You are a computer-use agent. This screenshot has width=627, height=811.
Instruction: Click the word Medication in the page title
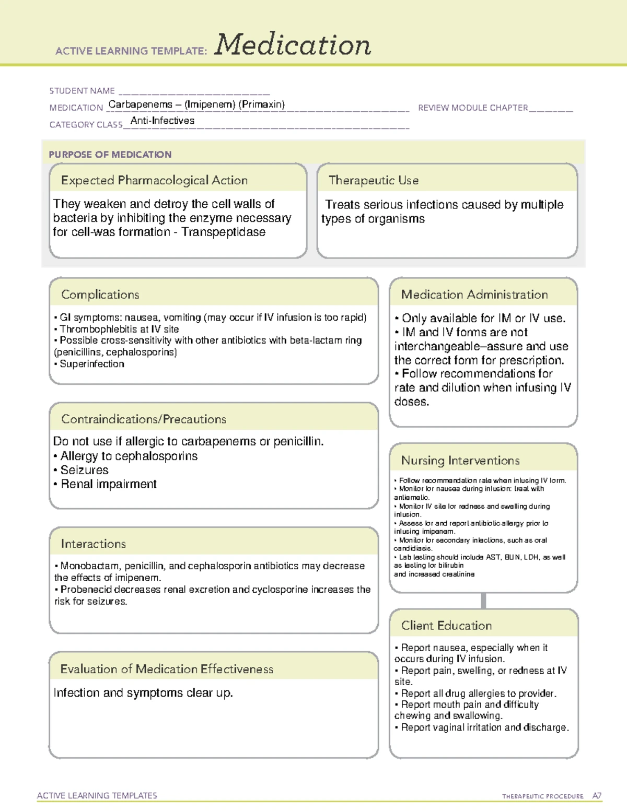[293, 45]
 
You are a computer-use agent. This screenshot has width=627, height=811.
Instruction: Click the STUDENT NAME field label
[82, 91]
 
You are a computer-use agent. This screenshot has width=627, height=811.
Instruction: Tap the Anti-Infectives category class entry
[162, 121]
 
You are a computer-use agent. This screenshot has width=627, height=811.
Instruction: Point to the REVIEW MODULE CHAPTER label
[473, 108]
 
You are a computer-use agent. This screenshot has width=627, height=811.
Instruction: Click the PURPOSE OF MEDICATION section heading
[110, 155]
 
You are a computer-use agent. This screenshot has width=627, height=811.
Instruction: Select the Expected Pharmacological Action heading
[154, 181]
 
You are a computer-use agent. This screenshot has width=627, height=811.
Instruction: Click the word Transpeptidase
[223, 232]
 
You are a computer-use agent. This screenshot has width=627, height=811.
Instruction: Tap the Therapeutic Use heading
[374, 181]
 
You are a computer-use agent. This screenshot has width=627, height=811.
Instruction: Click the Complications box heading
[100, 295]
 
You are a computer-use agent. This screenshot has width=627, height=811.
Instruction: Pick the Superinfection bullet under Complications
[92, 364]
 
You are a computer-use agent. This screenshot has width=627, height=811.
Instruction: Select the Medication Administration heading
[474, 295]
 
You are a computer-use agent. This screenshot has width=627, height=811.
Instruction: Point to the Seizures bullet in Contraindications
[84, 470]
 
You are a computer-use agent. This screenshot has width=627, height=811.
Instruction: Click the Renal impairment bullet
[108, 484]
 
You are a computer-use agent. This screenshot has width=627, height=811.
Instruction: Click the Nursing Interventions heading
[460, 461]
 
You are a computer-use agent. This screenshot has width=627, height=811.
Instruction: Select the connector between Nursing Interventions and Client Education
[483, 601]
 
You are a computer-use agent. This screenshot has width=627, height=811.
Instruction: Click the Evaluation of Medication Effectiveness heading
[167, 669]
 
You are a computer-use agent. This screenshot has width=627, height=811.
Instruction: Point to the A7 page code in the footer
[597, 796]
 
